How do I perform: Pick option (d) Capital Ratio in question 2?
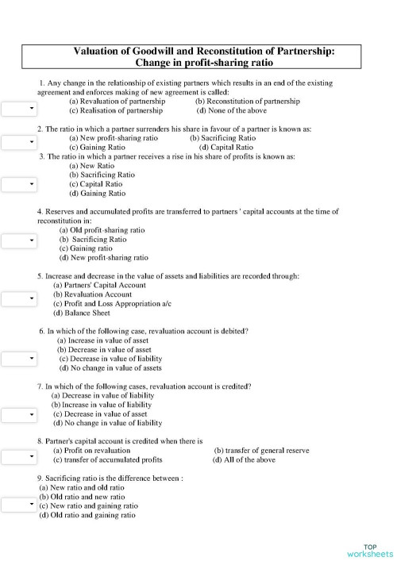[x=226, y=147]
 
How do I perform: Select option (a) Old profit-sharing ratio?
[x=103, y=229]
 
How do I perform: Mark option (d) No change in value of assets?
[x=110, y=368]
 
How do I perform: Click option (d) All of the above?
[x=244, y=459]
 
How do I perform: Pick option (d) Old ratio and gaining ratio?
[x=87, y=515]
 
